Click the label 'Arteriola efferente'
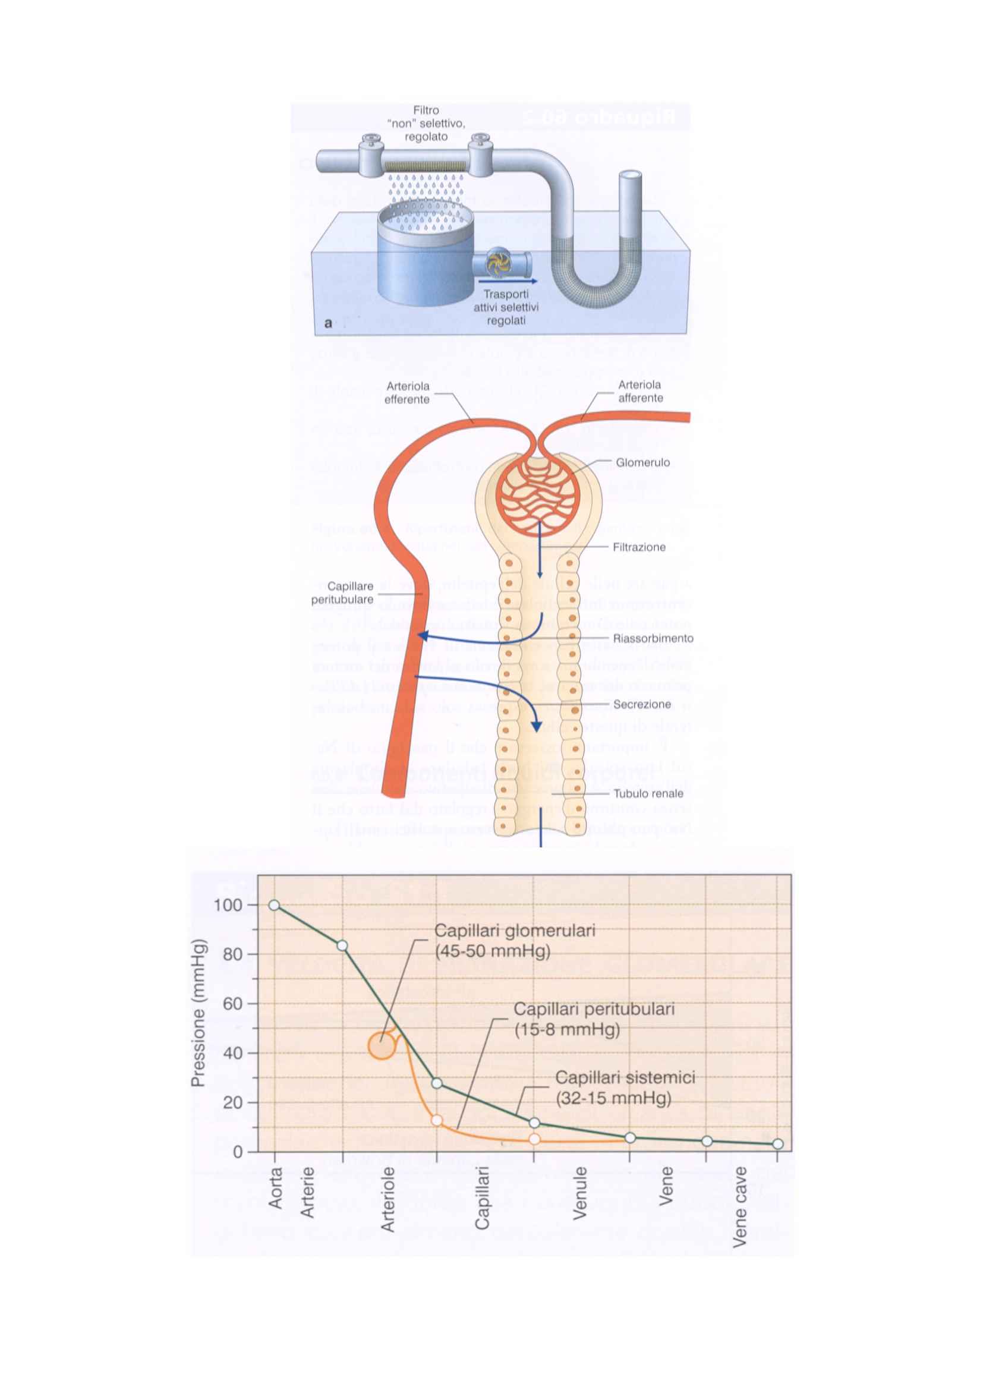(x=407, y=392)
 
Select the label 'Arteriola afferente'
(x=641, y=391)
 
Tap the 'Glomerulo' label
(x=643, y=462)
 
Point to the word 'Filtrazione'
(x=639, y=547)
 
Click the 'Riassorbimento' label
(x=653, y=638)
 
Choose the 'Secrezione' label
(x=642, y=704)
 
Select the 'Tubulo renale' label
(x=648, y=794)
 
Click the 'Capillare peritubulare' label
(x=342, y=592)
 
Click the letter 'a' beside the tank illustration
(x=328, y=323)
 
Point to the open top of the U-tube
(x=630, y=175)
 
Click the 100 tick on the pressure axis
(x=228, y=905)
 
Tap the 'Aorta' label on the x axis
(x=275, y=1187)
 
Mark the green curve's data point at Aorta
(x=274, y=905)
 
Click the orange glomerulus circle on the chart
(x=382, y=1046)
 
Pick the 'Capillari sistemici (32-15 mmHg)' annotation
(x=625, y=1088)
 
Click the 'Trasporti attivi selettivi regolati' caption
(x=506, y=308)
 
